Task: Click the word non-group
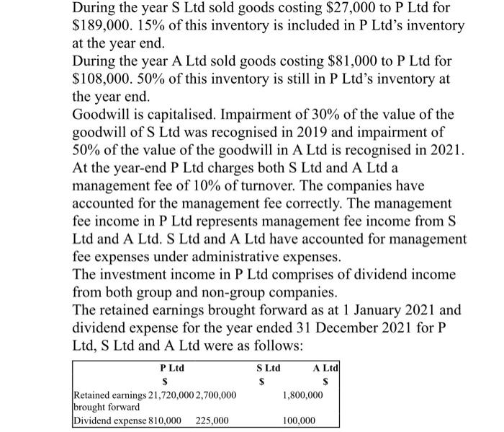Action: click(x=231, y=292)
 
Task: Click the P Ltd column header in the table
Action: click(x=171, y=368)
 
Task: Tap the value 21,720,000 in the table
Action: click(x=157, y=396)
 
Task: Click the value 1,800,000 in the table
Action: click(x=303, y=396)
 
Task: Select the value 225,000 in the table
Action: click(x=212, y=420)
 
